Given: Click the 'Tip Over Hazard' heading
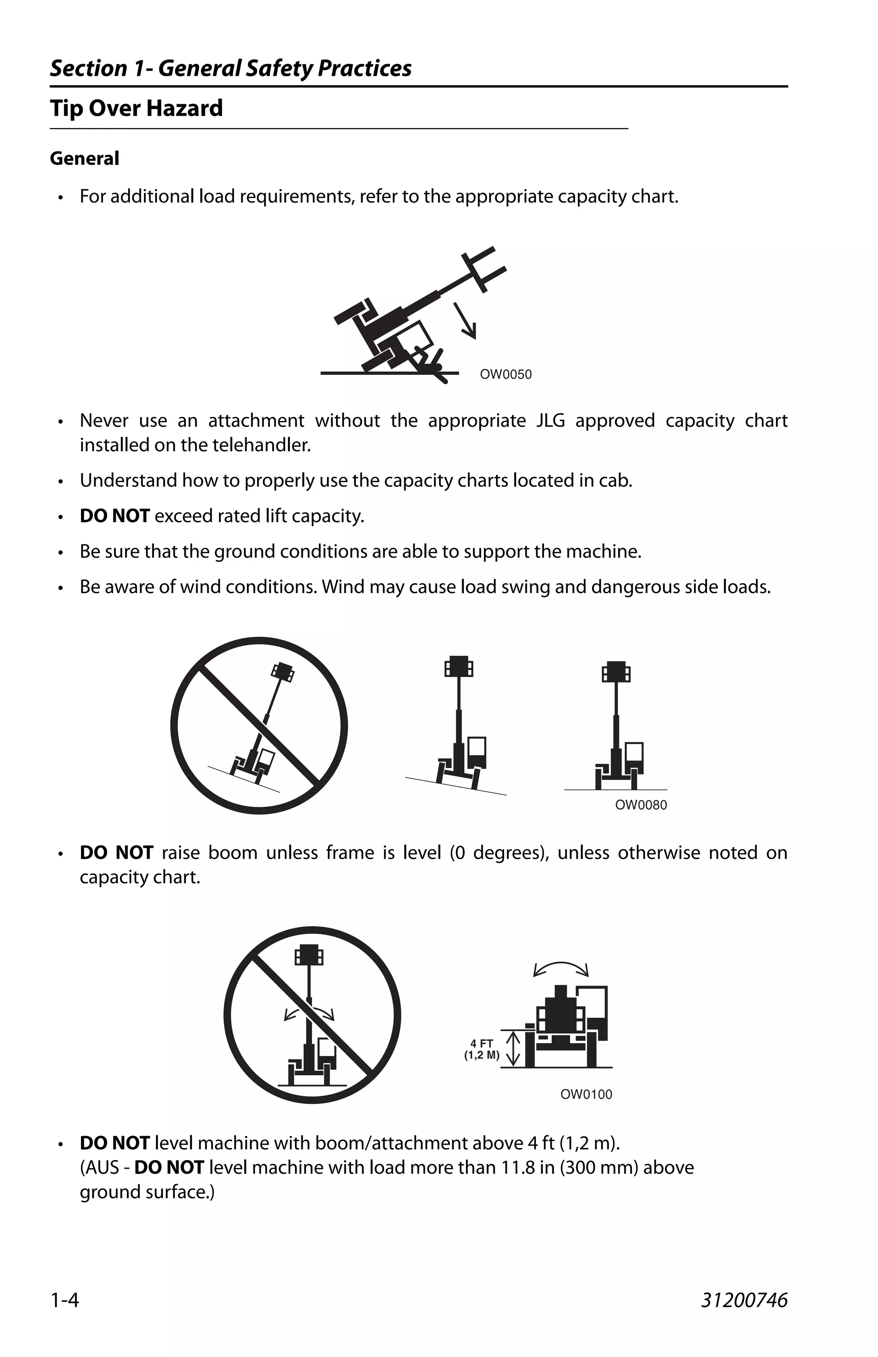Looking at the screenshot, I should point(136,109).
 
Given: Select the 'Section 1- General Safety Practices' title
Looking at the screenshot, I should point(231,69).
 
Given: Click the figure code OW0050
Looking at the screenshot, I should point(505,374).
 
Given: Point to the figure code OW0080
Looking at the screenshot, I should point(640,805).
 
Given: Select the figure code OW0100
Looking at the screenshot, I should point(586,1094).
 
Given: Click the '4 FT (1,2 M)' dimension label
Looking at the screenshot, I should point(482,1049).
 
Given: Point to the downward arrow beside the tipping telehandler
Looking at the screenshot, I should point(466,321).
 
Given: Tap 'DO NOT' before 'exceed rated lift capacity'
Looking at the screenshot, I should point(114,516).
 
